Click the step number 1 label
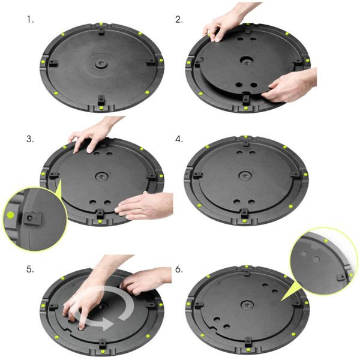(30, 20)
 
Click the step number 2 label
(179, 20)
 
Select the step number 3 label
(30, 139)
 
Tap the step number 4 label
(179, 139)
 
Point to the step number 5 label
(30, 269)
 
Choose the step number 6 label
(179, 269)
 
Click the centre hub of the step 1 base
(100, 64)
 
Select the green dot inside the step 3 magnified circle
(10, 215)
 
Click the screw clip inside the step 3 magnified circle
(32, 218)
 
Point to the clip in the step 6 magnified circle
(341, 277)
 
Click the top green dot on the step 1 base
(101, 24)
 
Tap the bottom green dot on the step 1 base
(101, 108)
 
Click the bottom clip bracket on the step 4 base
(244, 213)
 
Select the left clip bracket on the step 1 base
(53, 64)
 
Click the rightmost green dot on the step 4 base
(305, 175)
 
